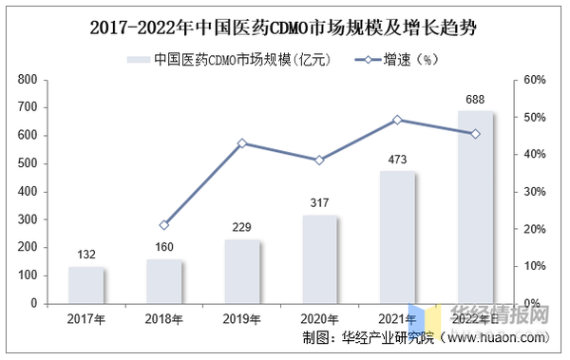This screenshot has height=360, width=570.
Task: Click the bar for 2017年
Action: pos(86,285)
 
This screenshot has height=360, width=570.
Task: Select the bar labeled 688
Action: pos(476,207)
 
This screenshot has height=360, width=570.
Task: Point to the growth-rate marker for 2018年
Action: pos(164,225)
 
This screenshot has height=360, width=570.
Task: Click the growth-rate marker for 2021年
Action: pos(398,120)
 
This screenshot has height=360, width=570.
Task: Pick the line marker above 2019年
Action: pos(242,143)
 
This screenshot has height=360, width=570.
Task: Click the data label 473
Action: pos(398,160)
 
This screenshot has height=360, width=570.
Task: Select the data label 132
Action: pos(86,256)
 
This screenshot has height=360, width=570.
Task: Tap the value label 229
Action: pos(242,228)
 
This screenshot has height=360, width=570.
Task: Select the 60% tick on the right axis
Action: pos(534,80)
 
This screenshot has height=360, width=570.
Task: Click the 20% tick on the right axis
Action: pos(534,229)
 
